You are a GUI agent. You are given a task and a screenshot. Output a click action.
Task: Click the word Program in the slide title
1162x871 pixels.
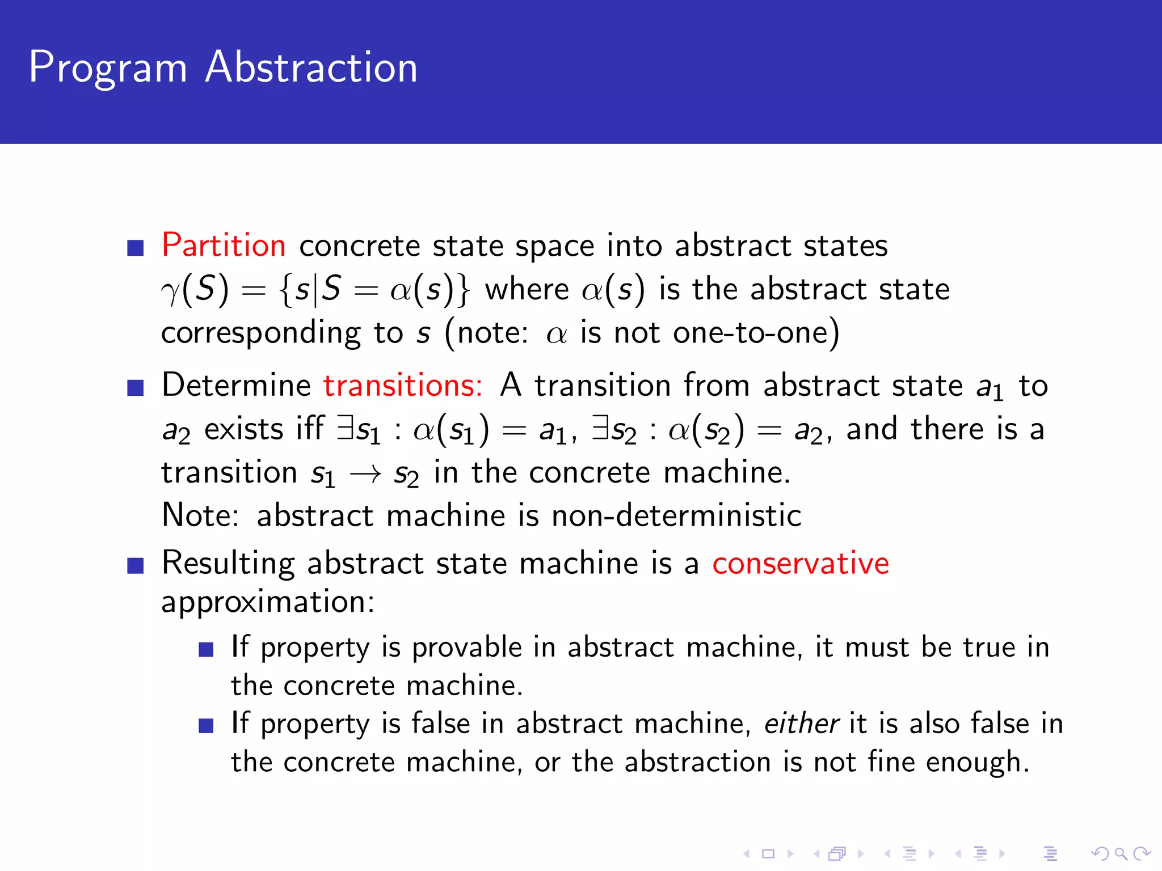(x=108, y=68)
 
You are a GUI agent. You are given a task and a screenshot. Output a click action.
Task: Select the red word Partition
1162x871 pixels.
(x=224, y=246)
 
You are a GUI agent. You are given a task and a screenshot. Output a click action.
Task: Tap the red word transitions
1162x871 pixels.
(x=402, y=386)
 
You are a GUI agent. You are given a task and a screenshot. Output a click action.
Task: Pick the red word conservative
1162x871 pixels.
(x=801, y=564)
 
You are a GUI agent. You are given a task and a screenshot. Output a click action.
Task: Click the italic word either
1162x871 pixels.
(x=801, y=724)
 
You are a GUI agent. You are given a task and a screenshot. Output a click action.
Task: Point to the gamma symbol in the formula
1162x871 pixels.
(x=170, y=291)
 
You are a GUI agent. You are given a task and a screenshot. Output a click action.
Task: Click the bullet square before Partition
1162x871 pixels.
(x=136, y=248)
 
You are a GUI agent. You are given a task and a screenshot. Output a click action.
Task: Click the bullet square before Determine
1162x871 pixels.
(x=136, y=388)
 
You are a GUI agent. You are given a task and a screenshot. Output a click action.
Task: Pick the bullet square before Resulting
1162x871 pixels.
(x=136, y=565)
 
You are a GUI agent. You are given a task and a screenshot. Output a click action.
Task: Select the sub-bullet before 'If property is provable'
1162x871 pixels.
(x=206, y=649)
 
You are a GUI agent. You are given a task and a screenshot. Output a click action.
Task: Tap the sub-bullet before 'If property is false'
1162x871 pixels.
(x=206, y=726)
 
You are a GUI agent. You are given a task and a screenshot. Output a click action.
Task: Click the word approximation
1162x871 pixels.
(x=268, y=602)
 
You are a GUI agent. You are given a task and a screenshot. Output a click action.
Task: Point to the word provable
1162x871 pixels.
(x=466, y=648)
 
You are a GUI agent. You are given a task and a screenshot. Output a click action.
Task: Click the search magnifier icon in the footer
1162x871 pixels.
(x=1121, y=853)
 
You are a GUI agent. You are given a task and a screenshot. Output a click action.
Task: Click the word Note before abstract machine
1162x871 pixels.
(x=200, y=516)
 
